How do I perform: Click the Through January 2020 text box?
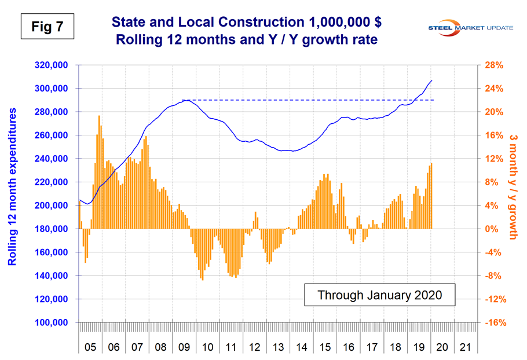pyautogui.click(x=380, y=295)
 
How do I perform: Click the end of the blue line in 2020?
pyautogui.click(x=431, y=80)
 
